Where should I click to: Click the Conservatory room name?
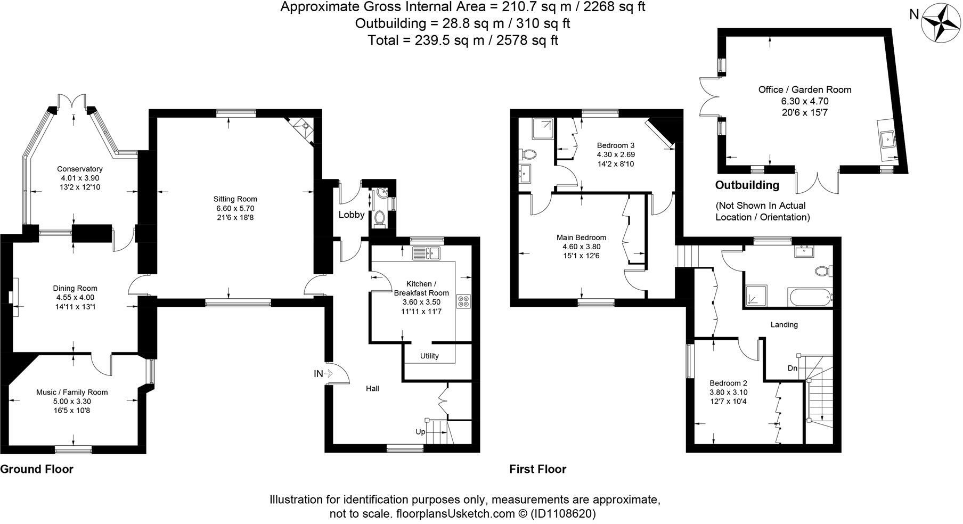pos(80,169)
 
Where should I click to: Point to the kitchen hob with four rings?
pos(462,301)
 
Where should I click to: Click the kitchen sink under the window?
pos(426,253)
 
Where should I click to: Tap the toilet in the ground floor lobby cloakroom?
pos(380,217)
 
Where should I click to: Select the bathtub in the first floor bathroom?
pos(809,297)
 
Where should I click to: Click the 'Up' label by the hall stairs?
pos(420,432)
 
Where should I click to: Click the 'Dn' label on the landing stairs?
pos(792,368)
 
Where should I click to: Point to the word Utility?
pos(429,356)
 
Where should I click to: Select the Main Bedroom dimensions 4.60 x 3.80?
pos(581,247)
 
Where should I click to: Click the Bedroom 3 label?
pos(616,145)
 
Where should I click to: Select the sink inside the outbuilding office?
pos(887,140)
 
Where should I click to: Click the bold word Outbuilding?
pos(747,185)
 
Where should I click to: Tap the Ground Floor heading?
pos(37,469)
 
